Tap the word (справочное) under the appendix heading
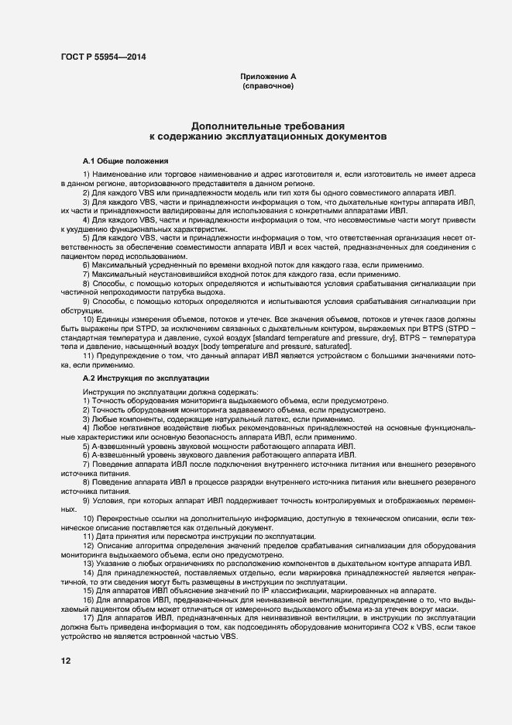click(x=268, y=87)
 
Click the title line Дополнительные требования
click(x=268, y=125)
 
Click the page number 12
click(x=66, y=661)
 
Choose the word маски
click(x=465, y=608)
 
